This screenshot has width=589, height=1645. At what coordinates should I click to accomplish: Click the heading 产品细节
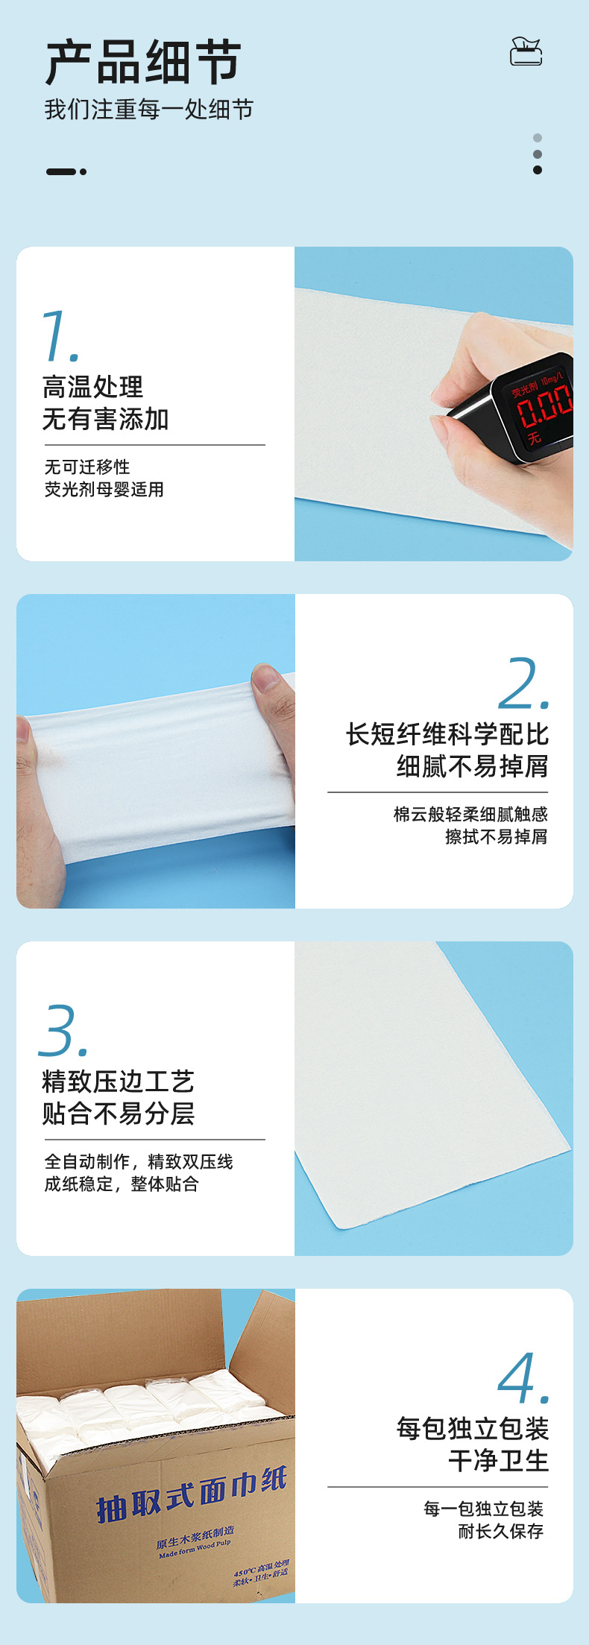point(142,63)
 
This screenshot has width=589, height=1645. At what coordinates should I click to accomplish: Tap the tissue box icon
point(526,51)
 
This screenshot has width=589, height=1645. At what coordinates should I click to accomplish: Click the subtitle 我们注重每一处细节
point(148,110)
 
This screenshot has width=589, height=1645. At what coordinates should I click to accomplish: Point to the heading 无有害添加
point(105,419)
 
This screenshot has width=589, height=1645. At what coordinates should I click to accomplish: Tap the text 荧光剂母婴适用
point(104,489)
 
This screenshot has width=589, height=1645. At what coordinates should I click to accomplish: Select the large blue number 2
point(523,683)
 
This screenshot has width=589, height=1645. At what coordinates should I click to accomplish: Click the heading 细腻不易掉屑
point(472,765)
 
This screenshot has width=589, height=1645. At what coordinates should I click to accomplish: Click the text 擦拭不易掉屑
point(496,836)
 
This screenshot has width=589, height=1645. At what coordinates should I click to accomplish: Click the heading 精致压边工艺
point(118,1081)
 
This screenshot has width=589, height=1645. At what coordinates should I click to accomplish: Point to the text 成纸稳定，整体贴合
point(122,1184)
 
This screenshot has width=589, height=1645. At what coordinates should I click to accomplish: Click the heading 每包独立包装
point(472,1428)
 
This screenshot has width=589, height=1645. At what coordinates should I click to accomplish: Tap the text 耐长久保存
point(500,1531)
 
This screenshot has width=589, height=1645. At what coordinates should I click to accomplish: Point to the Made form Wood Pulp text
point(195,1548)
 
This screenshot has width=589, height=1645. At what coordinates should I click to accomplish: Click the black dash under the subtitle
point(61,171)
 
